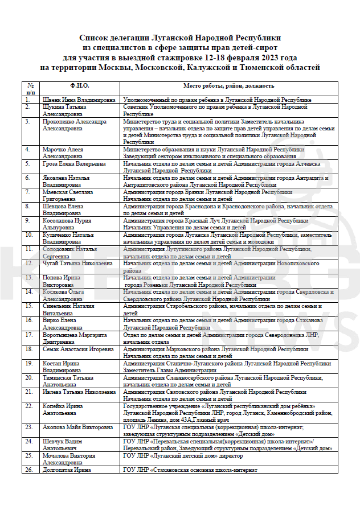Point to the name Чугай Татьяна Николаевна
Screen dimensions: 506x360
pyautogui.click(x=77, y=264)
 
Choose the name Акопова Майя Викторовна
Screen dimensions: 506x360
pyautogui.click(x=78, y=427)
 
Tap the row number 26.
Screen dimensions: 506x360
pyautogui.click(x=28, y=470)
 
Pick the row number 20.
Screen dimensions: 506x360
pyautogui.click(x=28, y=377)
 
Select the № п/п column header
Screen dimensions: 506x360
pyautogui.click(x=30, y=88)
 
